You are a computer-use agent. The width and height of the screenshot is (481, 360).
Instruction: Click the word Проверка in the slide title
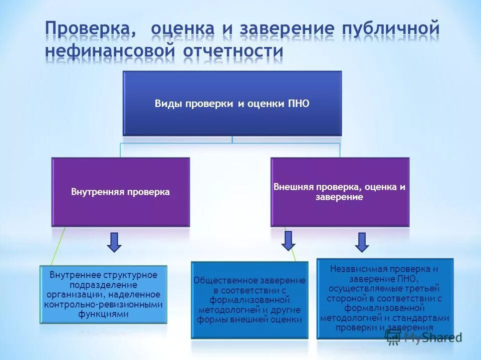click(90, 29)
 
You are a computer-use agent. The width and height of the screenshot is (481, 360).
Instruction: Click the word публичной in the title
click(391, 29)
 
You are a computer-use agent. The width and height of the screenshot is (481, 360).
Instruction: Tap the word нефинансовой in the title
click(109, 51)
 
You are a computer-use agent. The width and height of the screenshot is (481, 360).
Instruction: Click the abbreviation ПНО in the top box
click(299, 104)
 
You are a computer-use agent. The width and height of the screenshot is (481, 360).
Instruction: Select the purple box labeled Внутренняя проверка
click(120, 192)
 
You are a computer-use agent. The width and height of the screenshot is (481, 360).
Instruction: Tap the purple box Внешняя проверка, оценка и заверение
click(340, 192)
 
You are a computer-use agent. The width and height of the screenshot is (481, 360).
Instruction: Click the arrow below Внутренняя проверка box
click(115, 241)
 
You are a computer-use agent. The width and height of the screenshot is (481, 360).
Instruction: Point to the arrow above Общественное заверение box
click(288, 240)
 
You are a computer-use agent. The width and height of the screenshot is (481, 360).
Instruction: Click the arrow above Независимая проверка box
click(362, 241)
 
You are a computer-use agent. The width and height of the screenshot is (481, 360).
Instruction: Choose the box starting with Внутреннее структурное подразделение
click(103, 294)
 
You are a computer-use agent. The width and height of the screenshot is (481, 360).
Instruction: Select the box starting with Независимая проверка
click(385, 298)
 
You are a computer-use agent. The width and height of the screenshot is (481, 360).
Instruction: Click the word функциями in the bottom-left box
click(103, 314)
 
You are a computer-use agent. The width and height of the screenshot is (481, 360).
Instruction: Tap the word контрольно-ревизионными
click(103, 304)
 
